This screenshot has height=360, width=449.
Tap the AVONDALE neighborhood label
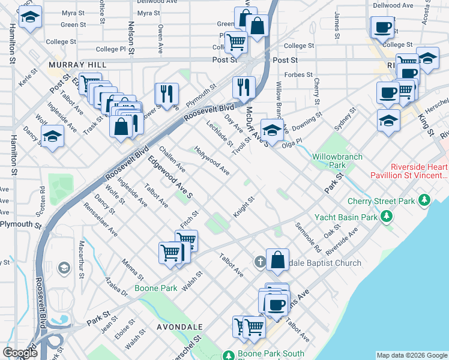179,327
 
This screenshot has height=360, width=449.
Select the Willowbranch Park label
337,160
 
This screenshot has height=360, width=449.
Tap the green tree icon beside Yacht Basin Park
391,215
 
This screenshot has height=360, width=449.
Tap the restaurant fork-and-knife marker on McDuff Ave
244,87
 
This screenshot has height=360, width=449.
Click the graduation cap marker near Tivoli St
272,130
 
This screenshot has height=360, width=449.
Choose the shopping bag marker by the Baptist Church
277,260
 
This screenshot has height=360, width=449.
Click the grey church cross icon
259,262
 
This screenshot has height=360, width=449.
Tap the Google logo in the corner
20,353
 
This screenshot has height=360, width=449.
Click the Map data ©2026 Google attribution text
411,355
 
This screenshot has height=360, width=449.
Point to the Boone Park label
155,288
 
